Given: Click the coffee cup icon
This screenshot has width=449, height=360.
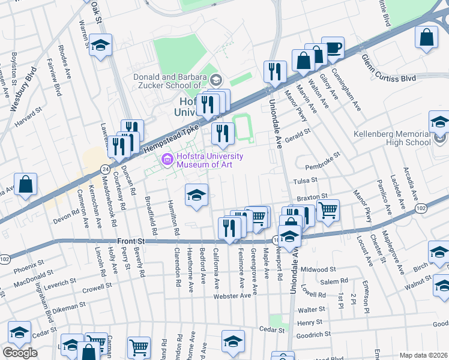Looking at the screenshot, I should [x=332, y=47].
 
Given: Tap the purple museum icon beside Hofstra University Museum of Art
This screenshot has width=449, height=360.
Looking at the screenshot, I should [x=166, y=160].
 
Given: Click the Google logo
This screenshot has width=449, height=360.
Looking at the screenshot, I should [x=20, y=353].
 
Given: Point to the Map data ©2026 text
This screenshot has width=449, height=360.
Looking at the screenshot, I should [x=423, y=355].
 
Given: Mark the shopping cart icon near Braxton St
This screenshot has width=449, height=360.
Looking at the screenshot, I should [x=328, y=211].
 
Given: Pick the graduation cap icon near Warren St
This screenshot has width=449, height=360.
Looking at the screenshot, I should [x=101, y=46].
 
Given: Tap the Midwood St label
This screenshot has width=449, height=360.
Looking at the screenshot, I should [x=318, y=270].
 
